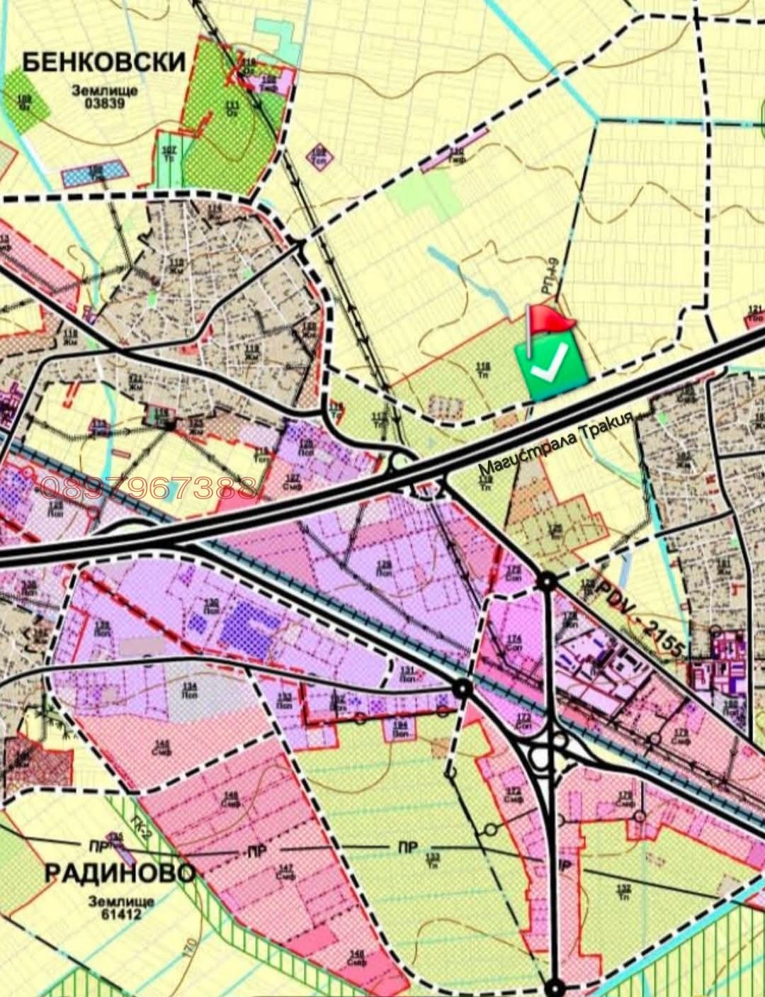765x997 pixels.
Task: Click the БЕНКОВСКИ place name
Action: click(103, 62)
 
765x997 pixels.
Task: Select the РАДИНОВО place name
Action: click(120, 872)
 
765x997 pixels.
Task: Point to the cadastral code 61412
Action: click(115, 914)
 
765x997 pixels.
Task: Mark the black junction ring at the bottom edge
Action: click(557, 987)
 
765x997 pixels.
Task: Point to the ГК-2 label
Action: click(142, 824)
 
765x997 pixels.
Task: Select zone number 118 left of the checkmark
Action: click(484, 367)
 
